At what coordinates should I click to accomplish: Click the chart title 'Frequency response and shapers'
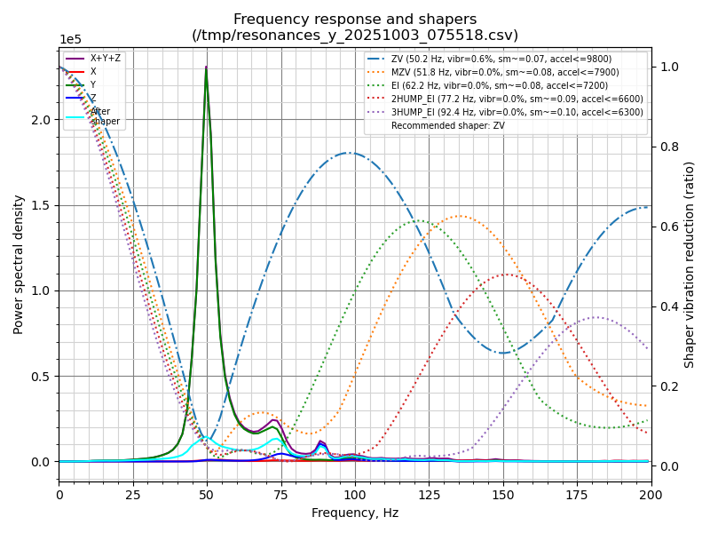click(355, 20)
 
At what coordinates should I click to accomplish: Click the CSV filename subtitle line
click(355, 36)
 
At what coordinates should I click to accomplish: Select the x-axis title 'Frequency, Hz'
click(355, 513)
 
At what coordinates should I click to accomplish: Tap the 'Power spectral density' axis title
click(19, 264)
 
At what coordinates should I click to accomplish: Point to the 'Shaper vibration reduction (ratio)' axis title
click(690, 264)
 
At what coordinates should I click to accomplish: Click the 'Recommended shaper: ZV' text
click(445, 126)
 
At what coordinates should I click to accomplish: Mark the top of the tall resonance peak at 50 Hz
click(206, 68)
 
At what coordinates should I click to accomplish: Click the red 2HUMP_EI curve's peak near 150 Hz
click(505, 274)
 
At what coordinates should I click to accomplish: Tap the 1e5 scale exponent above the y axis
click(70, 40)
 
